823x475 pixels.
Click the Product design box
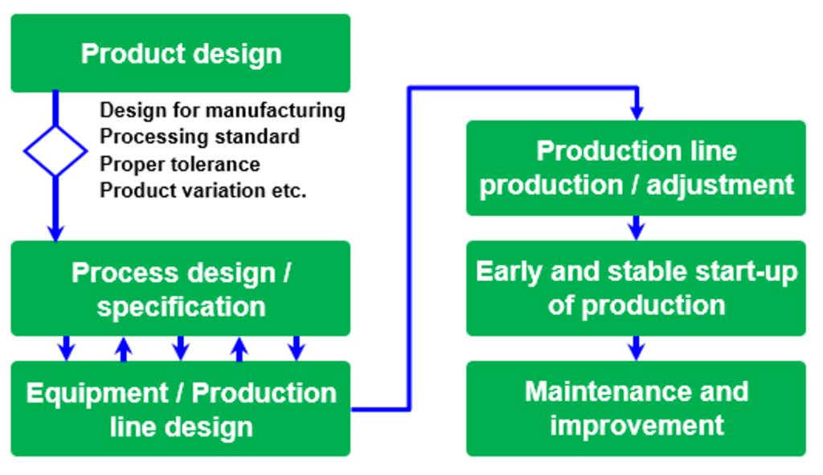181,53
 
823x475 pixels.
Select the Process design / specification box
181,289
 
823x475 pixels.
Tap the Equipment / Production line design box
181,408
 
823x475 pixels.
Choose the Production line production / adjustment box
637,168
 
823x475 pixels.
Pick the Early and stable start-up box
637,289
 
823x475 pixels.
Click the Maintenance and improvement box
637,408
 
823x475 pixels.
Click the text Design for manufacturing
223,111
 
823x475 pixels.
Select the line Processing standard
199,137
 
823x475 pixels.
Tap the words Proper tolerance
179,164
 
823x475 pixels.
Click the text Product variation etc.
203,190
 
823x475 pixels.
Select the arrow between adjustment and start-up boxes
637,228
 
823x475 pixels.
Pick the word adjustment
720,186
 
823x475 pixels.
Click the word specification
181,307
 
